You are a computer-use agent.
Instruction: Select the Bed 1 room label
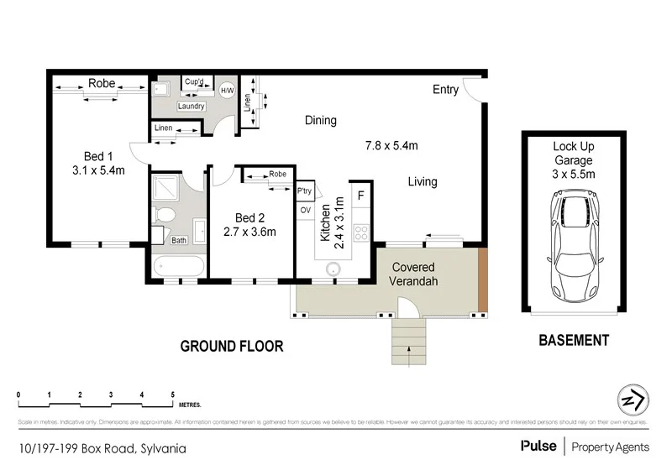click(98, 156)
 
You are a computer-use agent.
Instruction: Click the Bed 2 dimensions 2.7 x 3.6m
click(249, 233)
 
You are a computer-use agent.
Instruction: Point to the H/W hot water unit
click(227, 90)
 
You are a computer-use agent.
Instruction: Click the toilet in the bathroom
click(165, 216)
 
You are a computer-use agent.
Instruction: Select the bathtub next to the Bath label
click(178, 267)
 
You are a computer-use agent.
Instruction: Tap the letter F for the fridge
click(360, 196)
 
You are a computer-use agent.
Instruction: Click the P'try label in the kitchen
click(304, 191)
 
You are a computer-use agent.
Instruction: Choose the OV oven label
click(304, 210)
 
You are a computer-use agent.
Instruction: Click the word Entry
click(445, 90)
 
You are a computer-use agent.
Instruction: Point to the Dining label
click(320, 120)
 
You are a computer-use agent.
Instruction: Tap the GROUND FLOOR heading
click(233, 346)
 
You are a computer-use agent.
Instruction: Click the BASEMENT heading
click(574, 341)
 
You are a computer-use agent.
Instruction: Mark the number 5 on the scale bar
click(172, 394)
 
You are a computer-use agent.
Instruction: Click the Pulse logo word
click(537, 445)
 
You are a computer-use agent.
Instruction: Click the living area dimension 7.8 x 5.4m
click(391, 145)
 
